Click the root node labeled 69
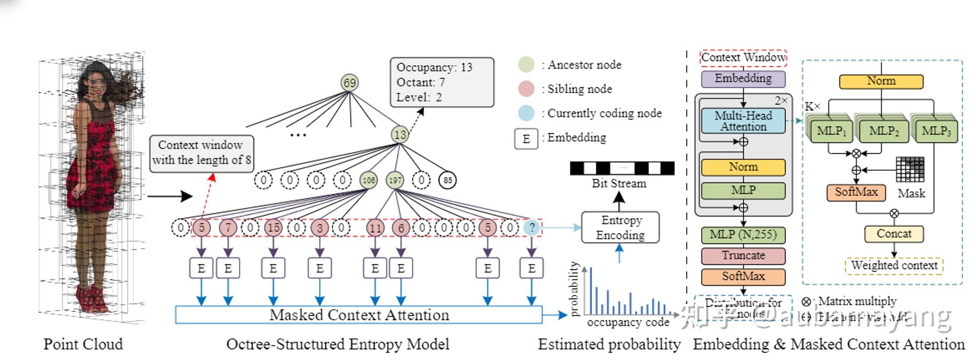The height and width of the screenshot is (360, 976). [349, 82]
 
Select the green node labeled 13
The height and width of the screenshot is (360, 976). [400, 135]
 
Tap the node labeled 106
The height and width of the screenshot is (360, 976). [368, 180]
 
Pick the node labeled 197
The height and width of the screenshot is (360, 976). [395, 180]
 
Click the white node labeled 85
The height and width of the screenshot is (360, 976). [447, 180]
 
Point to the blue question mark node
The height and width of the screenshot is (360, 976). [531, 227]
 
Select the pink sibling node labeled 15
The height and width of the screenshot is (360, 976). [273, 227]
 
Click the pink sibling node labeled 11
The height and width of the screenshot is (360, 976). [375, 227]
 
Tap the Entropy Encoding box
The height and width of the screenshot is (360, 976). [620, 227]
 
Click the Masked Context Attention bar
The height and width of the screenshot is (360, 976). [359, 315]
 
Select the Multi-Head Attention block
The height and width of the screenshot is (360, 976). [743, 121]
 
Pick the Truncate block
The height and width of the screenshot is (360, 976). [743, 256]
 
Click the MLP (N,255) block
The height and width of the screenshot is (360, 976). [743, 235]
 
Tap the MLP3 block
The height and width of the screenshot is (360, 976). [936, 131]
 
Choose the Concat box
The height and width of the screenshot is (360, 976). [894, 234]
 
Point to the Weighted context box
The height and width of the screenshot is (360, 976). [894, 265]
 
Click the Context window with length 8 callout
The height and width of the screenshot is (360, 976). [201, 153]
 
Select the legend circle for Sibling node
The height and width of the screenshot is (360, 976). [526, 89]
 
